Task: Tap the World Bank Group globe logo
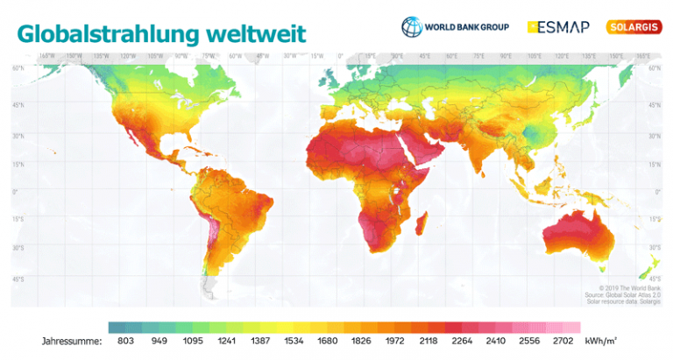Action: tap(411, 26)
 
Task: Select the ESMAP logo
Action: tap(562, 26)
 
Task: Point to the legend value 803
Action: tap(127, 340)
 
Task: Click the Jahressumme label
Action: tap(71, 340)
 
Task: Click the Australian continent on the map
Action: tap(578, 237)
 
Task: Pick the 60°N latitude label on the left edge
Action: tap(17, 67)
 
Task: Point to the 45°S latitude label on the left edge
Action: tap(17, 279)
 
